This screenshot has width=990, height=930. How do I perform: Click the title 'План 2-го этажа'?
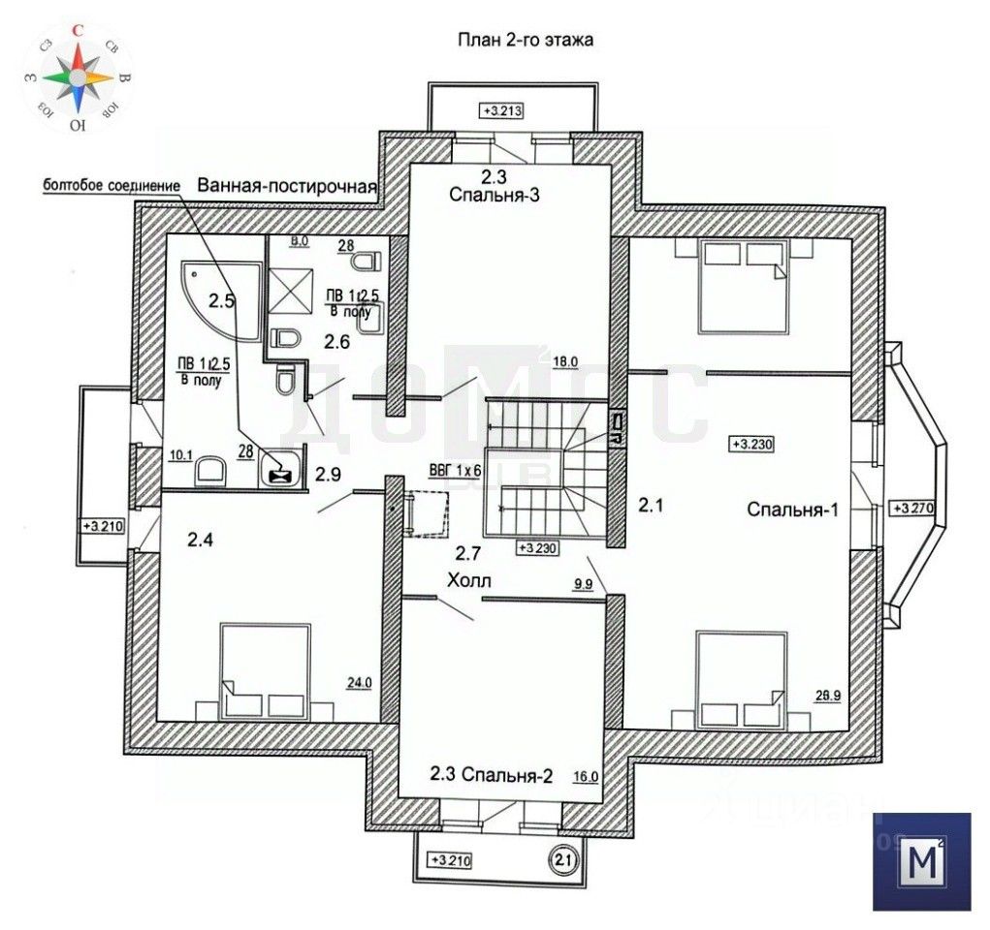tap(525, 41)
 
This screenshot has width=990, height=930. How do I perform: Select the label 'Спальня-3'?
tap(495, 195)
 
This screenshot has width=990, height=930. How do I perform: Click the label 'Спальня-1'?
tap(792, 511)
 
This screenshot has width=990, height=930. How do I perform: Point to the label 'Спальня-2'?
tap(507, 774)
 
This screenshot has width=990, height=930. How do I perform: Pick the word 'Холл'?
tap(470, 581)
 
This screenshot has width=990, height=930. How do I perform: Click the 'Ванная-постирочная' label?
tap(287, 186)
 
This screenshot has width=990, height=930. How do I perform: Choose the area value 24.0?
tap(359, 682)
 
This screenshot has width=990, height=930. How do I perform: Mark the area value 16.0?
tap(588, 775)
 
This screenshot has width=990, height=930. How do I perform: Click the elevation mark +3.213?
tap(501, 110)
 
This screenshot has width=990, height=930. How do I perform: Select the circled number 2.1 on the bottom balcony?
tap(563, 857)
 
